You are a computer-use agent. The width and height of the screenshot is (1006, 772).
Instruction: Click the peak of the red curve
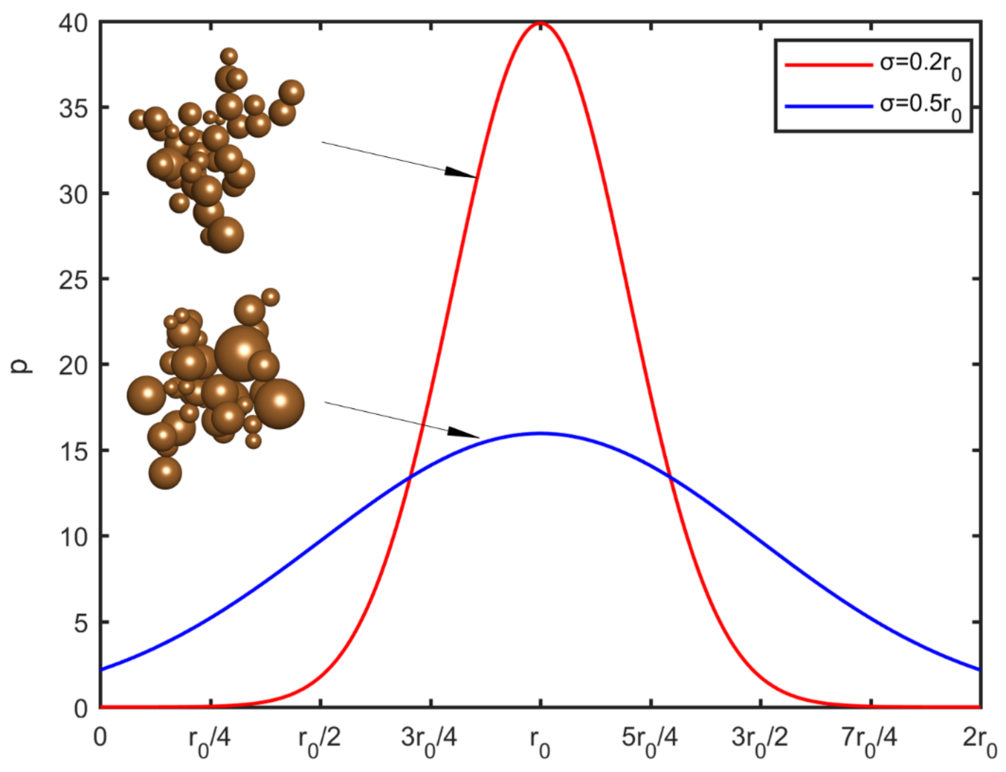point(541,23)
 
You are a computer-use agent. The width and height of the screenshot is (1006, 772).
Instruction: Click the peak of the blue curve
point(541,433)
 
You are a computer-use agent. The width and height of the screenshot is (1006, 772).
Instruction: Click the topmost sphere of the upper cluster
point(229,57)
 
